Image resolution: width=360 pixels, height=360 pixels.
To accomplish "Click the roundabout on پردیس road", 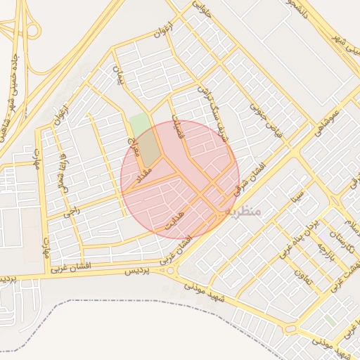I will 169,271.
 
